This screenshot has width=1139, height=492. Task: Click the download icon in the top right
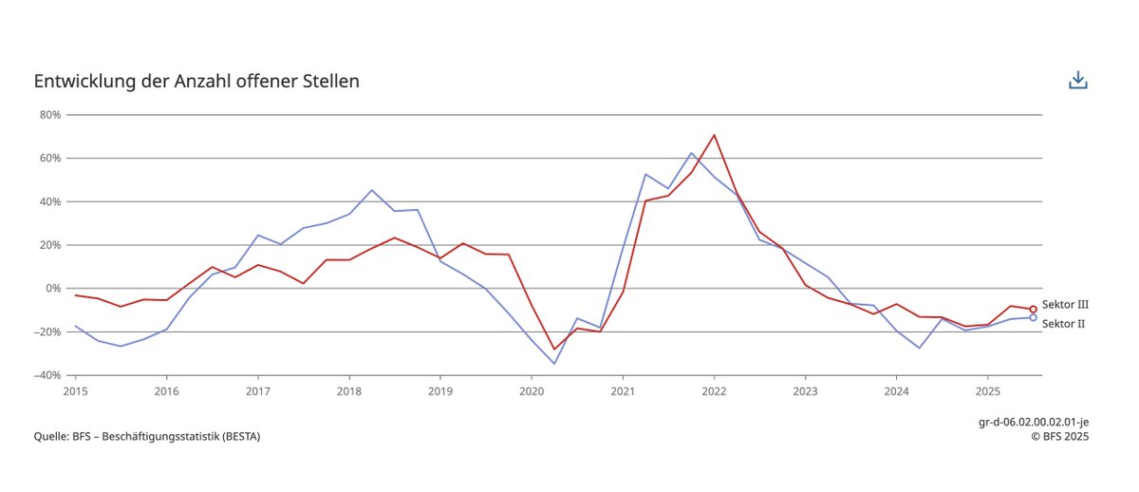(1077, 81)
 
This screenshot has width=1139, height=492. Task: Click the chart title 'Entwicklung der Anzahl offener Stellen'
(196, 82)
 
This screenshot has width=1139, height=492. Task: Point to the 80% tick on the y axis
(49, 115)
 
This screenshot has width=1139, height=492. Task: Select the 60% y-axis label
(49, 159)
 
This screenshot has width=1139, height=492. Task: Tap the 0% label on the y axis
(52, 289)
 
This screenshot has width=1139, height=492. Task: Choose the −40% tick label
(47, 375)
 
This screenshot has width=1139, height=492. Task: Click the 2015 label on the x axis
(75, 390)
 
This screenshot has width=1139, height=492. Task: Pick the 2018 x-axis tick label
(348, 390)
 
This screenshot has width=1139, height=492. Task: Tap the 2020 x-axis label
(531, 390)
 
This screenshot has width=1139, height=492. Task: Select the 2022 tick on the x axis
(714, 390)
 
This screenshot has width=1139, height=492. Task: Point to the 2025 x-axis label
(987, 390)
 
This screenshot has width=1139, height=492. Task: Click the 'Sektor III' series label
(1065, 305)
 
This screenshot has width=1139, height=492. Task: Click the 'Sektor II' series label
(1063, 324)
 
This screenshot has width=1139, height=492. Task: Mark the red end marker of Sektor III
(1033, 310)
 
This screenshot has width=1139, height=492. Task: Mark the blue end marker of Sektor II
(1033, 317)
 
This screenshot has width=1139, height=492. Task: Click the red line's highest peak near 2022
(714, 135)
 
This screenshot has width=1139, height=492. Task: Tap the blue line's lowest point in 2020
(554, 364)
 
